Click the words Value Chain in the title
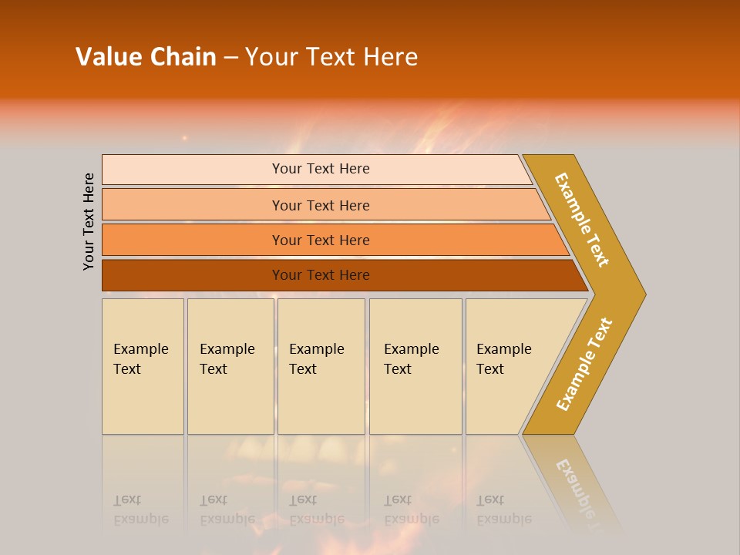tap(146, 57)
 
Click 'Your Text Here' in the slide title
tap(331, 57)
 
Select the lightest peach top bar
tap(193, 170)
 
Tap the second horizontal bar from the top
tap(193, 205)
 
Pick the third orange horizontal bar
tap(193, 240)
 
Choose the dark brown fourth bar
tap(193, 275)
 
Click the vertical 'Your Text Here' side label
tap(89, 221)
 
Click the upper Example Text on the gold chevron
tap(582, 220)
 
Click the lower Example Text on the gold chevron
tap(584, 364)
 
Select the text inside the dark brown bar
tap(321, 275)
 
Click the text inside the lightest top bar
tap(321, 169)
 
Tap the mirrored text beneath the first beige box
tap(140, 510)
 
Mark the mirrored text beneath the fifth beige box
tap(503, 510)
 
